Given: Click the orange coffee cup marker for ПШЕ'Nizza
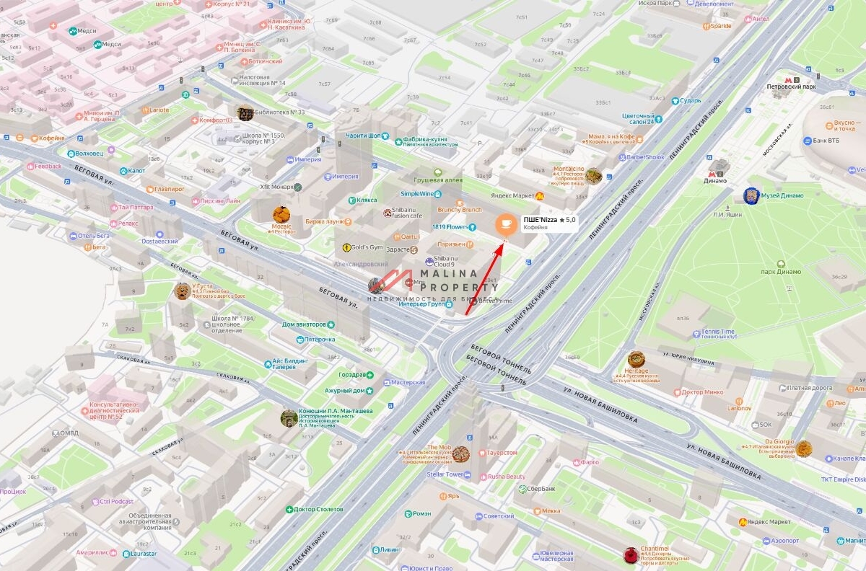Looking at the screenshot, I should [x=506, y=224].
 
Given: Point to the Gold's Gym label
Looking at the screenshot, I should [x=368, y=247].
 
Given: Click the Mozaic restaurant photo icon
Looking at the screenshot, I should [x=281, y=214].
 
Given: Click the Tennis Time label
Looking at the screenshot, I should [x=717, y=332].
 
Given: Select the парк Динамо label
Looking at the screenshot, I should [x=780, y=272].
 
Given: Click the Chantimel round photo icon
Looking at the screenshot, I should [x=631, y=554].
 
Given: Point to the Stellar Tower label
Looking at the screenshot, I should [x=445, y=474].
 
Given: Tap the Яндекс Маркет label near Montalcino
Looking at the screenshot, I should [x=512, y=195].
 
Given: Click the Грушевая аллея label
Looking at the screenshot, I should [x=437, y=180].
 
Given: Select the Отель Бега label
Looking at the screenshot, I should [x=93, y=236].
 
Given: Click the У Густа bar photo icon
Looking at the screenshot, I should [x=183, y=291].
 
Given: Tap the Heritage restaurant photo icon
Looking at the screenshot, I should [x=636, y=360].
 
